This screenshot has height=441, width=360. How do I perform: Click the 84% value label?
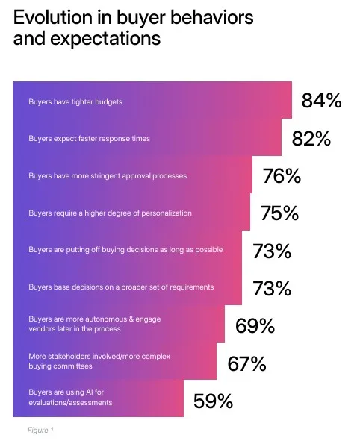321,101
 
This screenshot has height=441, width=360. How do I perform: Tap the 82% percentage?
311,139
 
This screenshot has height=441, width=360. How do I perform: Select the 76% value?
282,176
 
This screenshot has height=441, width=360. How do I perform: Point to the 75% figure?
279,213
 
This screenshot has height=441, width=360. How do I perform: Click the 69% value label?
255,326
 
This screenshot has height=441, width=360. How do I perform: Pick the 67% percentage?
246,364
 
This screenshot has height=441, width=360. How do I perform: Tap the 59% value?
213,401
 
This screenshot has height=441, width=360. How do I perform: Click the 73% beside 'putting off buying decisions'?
272,251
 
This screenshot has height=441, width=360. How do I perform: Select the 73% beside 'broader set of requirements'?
272,288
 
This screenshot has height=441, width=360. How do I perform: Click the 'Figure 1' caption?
40,430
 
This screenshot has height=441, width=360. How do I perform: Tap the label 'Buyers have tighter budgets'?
75,101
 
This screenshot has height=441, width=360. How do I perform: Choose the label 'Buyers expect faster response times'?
88,139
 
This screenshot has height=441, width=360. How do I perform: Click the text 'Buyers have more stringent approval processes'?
108,176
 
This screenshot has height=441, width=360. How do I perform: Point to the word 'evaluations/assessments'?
70,403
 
